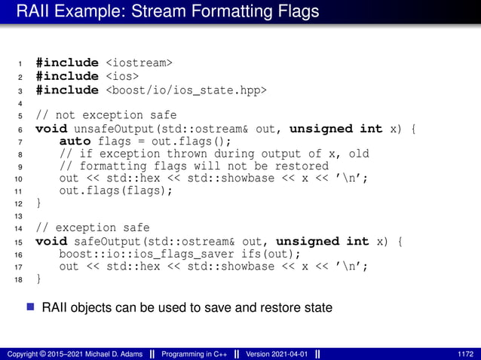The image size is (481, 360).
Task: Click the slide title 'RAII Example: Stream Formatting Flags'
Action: click(167, 12)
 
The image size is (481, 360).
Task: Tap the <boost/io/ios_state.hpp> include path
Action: click(185, 90)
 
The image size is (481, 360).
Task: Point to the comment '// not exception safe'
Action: click(89, 115)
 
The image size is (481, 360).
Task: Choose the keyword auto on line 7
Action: click(75, 142)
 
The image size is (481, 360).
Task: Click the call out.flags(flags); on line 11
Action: click(116, 190)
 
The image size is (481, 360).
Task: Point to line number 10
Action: click(19, 179)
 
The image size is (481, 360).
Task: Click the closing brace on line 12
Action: click(39, 203)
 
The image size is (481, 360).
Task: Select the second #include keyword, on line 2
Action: click(66, 76)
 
